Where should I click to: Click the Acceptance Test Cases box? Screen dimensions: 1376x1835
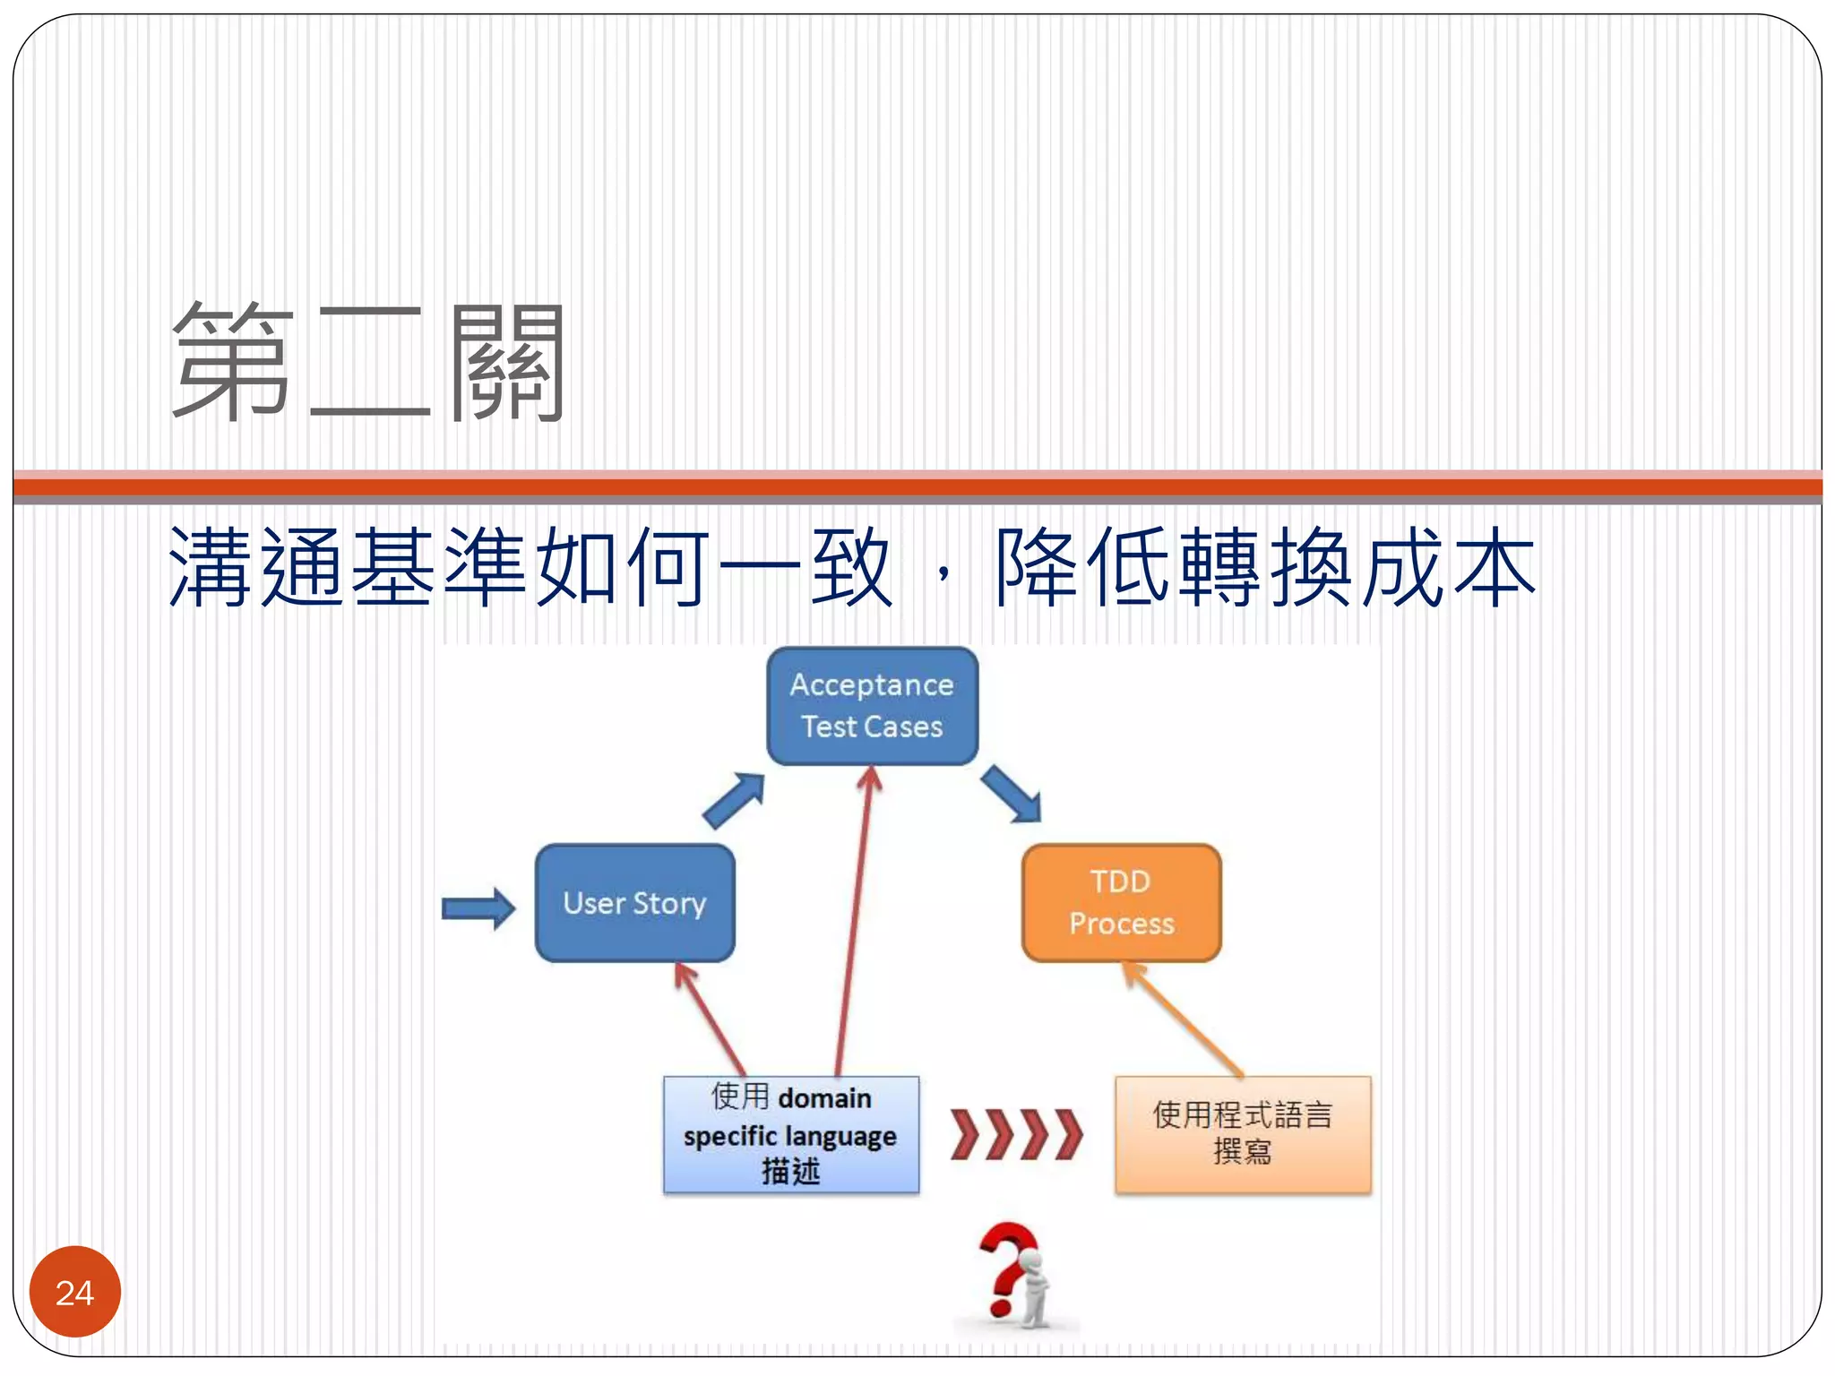pos(872,706)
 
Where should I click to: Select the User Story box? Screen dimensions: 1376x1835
pos(634,903)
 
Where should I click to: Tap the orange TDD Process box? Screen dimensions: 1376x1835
pos(1121,903)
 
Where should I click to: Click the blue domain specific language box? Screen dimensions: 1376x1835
pos(791,1135)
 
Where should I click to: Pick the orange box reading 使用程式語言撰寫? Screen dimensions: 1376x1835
pos(1243,1134)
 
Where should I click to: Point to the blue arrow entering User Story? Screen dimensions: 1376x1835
pos(478,909)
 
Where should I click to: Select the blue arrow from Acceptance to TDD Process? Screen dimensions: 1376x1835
pos(1011,794)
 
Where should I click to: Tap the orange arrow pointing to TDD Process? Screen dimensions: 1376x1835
pos(1183,1019)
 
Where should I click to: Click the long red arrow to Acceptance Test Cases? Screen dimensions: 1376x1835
pos(854,923)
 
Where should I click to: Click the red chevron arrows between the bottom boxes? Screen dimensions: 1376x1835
pos(1016,1134)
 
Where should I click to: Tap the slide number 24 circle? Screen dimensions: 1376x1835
pos(75,1292)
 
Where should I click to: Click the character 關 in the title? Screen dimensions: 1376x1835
pos(506,362)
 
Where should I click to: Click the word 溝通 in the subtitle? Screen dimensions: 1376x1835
pos(256,567)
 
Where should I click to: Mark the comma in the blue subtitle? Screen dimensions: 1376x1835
pos(943,573)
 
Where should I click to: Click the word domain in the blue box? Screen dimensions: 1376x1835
pos(824,1098)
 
